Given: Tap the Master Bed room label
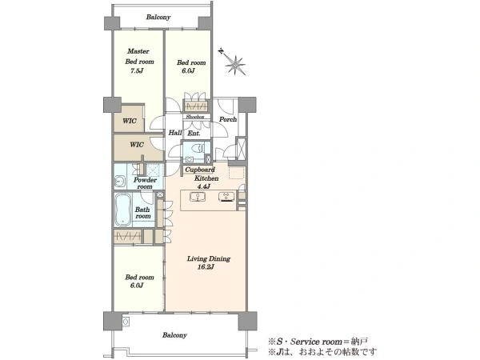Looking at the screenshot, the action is [x=139, y=56].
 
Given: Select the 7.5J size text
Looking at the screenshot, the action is [x=137, y=71].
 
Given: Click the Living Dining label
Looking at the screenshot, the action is [x=209, y=258].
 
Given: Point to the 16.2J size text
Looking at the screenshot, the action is [x=206, y=267].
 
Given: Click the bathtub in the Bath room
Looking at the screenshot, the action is [x=123, y=210].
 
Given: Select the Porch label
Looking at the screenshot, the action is [x=228, y=119].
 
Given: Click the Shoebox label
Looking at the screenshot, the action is [x=194, y=117].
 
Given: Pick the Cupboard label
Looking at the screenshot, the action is [x=200, y=170].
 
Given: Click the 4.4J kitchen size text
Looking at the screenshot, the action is [x=203, y=186].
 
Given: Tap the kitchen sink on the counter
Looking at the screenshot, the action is [x=198, y=197].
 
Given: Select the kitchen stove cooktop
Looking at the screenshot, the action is [x=226, y=197].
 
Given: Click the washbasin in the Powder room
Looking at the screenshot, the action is [x=120, y=182].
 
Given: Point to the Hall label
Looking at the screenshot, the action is [x=175, y=133].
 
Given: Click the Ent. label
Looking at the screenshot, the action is [x=194, y=134].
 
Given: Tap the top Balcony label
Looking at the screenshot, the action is [x=158, y=17].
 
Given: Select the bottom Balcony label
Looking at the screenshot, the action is [x=174, y=335].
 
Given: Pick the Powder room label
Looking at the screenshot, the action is [x=145, y=183].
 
